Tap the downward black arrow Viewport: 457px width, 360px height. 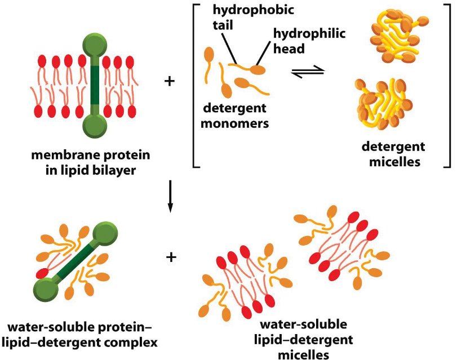pos(170,197)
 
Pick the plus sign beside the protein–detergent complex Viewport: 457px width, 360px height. pos(170,257)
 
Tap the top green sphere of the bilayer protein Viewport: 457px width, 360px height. pos(95,47)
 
